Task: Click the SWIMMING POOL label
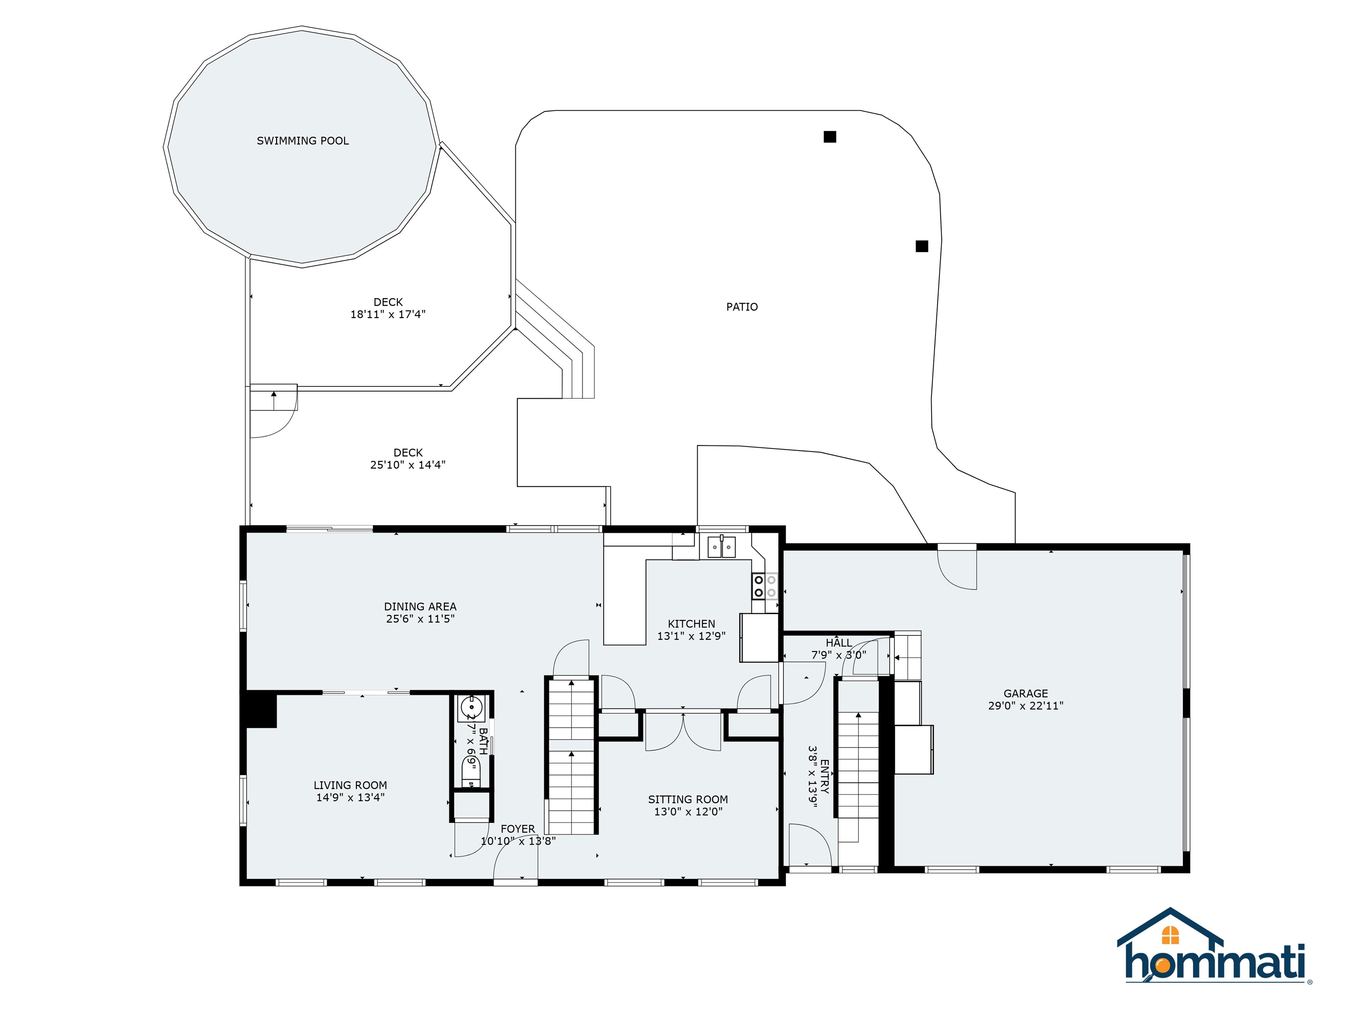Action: coord(303,141)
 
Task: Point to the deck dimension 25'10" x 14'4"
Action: coord(407,465)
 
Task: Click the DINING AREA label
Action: coord(420,606)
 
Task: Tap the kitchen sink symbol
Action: coord(722,546)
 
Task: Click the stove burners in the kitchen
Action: coord(765,586)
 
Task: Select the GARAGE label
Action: coord(1026,693)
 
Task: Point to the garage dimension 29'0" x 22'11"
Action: coord(1026,705)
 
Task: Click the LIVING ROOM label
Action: coord(350,785)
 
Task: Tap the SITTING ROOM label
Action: coord(688,799)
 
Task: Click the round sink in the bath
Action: coord(471,708)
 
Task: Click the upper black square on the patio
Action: coord(829,137)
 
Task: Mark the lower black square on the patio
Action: coord(922,246)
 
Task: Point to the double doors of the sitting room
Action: coord(683,732)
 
